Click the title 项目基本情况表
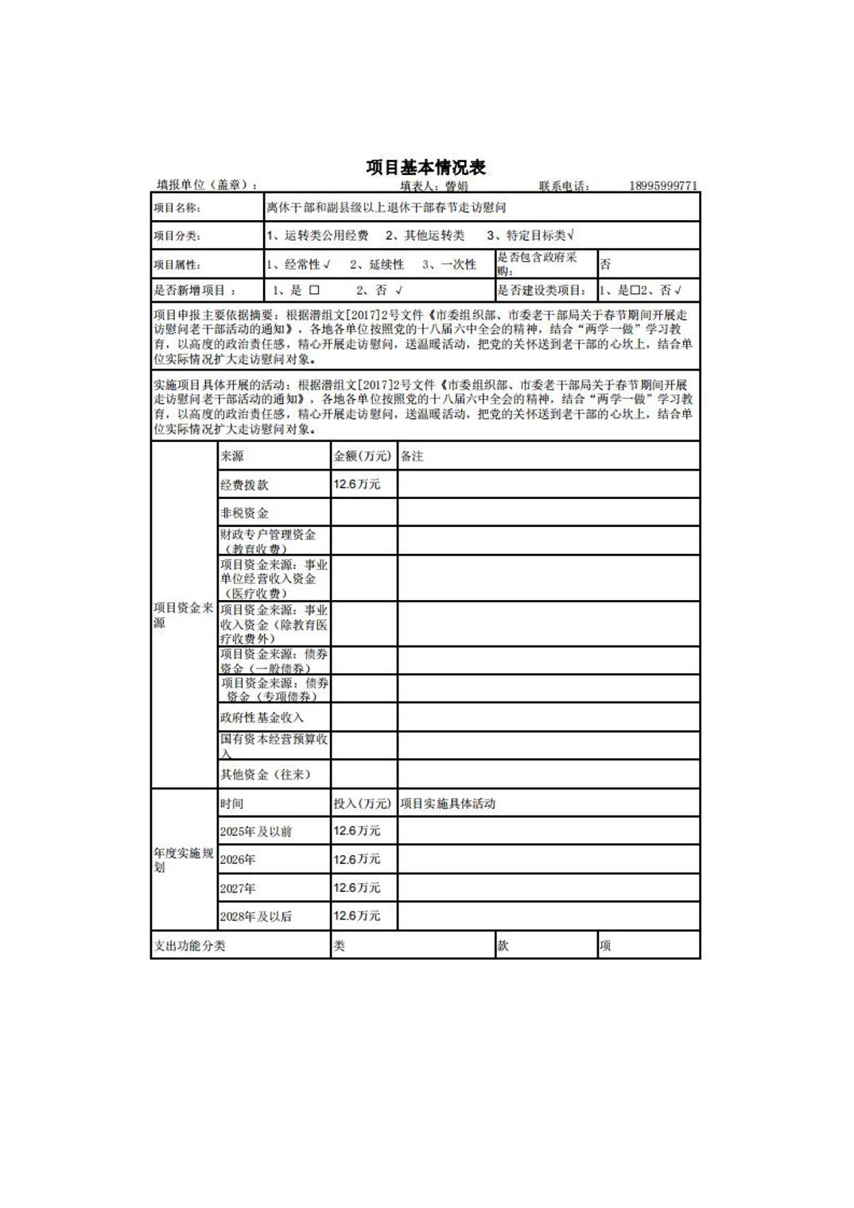pos(425,167)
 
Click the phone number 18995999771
pos(663,186)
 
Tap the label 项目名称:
pos(177,208)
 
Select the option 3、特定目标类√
pos(530,235)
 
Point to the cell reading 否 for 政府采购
pos(606,265)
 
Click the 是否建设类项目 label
pos(542,291)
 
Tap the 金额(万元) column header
pos(363,456)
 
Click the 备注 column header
pos(412,456)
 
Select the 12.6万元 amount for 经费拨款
pos(357,484)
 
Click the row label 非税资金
pos(244,513)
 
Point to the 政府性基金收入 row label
pos(262,717)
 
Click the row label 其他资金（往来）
pos(265,774)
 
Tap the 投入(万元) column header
pos(363,803)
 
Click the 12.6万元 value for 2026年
pos(357,859)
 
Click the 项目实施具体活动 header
pos(448,803)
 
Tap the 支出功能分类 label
pos(189,946)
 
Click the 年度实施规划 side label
pos(184,860)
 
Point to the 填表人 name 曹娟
pos(456,187)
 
